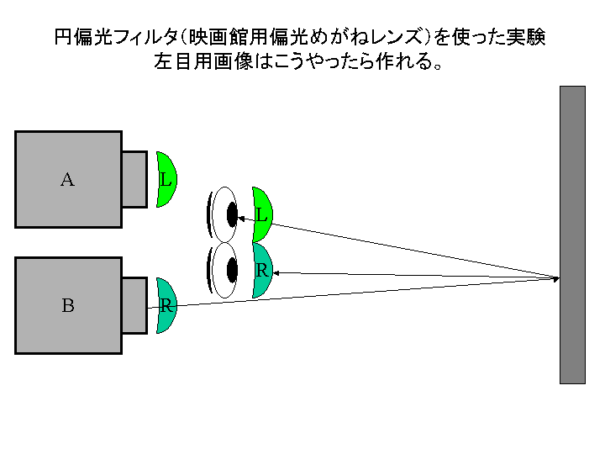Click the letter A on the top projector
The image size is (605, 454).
click(x=67, y=180)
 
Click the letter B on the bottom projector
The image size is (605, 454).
click(x=68, y=305)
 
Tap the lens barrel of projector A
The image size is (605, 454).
click(x=134, y=180)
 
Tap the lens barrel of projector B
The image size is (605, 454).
click(x=134, y=305)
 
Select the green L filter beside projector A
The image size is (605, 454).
click(x=166, y=180)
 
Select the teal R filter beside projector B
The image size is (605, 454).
click(x=166, y=305)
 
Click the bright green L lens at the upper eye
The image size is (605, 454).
click(x=262, y=214)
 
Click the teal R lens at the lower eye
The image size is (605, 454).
click(x=262, y=270)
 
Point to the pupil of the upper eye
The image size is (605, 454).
click(x=232, y=214)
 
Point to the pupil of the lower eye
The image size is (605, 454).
click(x=232, y=270)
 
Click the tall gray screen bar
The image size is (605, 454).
click(x=572, y=235)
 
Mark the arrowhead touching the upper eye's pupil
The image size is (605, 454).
click(x=241, y=219)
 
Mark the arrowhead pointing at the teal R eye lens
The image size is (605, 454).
click(x=276, y=273)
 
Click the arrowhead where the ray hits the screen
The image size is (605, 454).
click(x=556, y=278)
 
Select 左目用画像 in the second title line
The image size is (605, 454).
click(x=203, y=61)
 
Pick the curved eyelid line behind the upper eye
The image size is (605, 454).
click(x=208, y=214)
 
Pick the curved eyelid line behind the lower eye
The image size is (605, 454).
click(x=208, y=270)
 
